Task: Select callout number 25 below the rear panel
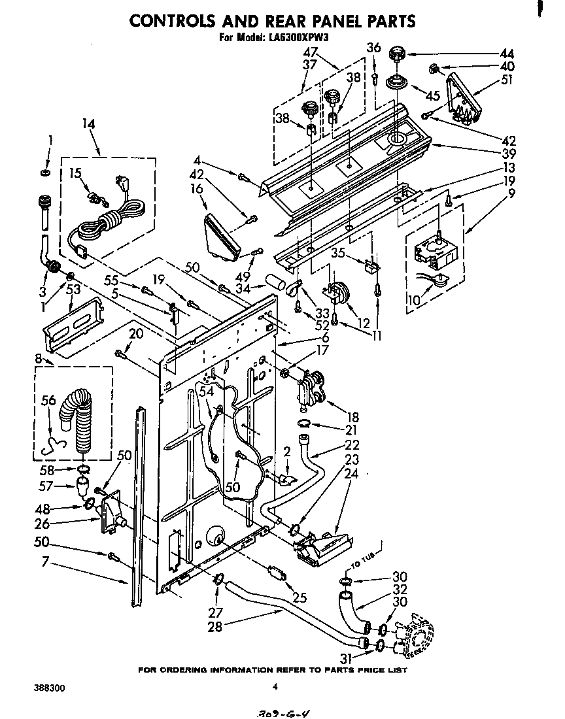(300, 597)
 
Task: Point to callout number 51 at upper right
(506, 81)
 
